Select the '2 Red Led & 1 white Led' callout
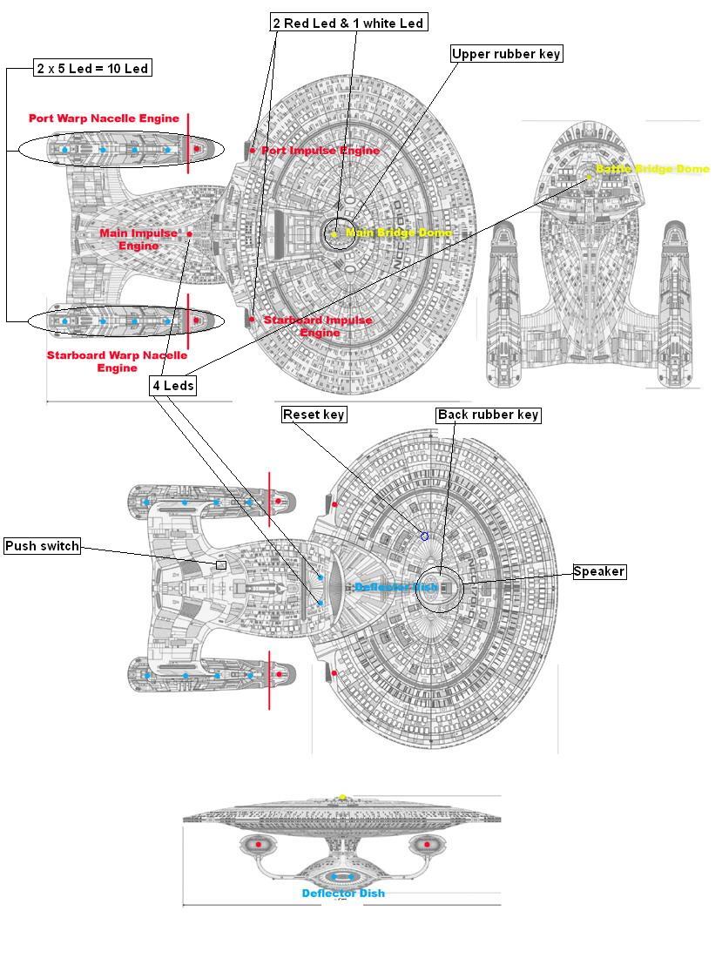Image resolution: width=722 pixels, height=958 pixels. click(x=348, y=23)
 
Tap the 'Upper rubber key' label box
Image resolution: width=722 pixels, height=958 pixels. click(x=506, y=54)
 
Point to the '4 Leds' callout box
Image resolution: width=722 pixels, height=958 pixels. click(x=173, y=386)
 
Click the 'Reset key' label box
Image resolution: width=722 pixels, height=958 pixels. click(x=314, y=415)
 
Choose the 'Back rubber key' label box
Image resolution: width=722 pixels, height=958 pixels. click(x=489, y=415)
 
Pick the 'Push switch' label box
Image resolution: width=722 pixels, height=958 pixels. click(x=42, y=546)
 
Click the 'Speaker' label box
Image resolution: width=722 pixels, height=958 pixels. click(x=599, y=571)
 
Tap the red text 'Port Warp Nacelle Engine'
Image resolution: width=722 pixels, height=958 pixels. click(x=104, y=118)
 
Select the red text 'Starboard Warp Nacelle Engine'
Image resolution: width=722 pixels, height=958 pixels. click(x=117, y=361)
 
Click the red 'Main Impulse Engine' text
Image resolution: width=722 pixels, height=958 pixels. click(x=139, y=239)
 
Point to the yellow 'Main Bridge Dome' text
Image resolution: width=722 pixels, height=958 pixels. click(x=398, y=233)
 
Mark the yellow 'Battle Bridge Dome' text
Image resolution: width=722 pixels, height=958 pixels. click(x=651, y=169)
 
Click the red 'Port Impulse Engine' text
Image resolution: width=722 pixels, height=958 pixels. click(x=321, y=151)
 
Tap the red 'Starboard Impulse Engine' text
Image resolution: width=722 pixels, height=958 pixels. click(x=318, y=326)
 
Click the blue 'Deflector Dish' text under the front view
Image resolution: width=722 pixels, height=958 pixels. click(x=343, y=893)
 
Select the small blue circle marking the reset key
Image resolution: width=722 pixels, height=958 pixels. click(x=425, y=536)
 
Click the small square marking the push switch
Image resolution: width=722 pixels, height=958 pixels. click(x=221, y=565)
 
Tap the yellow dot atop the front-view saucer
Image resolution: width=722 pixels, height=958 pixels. click(x=342, y=796)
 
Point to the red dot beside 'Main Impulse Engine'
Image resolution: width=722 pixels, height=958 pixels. click(x=189, y=234)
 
